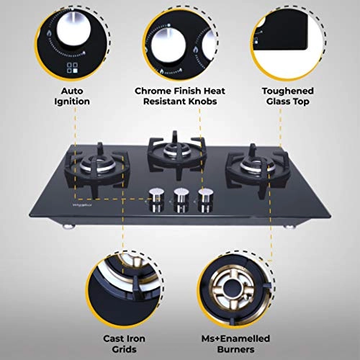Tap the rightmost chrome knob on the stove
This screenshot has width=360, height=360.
point(207,197)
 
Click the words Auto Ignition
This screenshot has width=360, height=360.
point(75,96)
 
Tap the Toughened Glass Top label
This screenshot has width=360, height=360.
point(288,96)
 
